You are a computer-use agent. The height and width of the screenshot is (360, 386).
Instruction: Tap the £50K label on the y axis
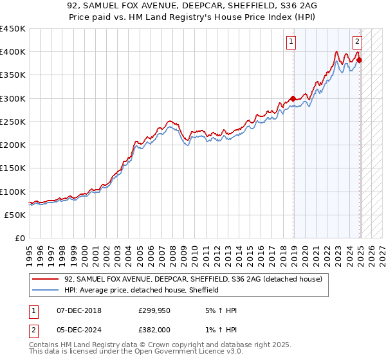pos(15,215)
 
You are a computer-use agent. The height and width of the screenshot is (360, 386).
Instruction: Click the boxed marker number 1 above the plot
pos(291,43)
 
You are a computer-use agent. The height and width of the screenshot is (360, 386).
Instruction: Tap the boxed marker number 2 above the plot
pos(357,43)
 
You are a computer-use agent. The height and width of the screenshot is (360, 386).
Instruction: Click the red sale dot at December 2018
pos(293,98)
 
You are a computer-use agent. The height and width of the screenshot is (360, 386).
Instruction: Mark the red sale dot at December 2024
pos(359,60)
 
